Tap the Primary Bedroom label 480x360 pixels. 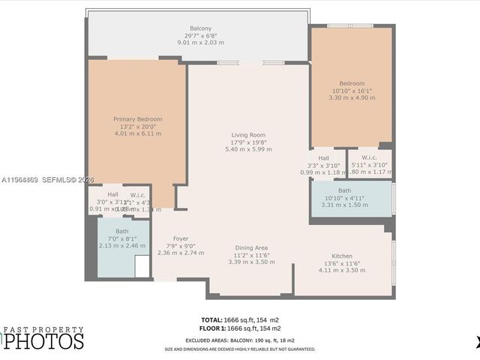[x=137, y=119]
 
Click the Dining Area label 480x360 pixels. [x=251, y=247]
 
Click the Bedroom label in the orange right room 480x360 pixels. [x=351, y=83]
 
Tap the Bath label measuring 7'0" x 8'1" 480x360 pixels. [x=121, y=231]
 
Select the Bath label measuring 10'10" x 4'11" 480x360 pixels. [x=345, y=191]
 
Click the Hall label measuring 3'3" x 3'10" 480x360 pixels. [x=324, y=158]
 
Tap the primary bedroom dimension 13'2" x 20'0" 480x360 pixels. [x=137, y=127]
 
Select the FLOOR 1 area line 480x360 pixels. [x=241, y=328]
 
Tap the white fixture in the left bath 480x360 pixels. [x=142, y=265]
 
